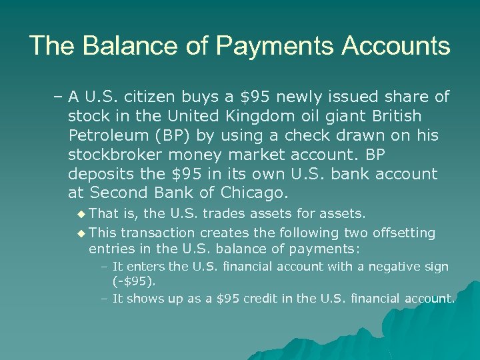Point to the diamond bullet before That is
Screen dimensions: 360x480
point(81,214)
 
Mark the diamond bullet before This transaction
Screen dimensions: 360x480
point(81,233)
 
